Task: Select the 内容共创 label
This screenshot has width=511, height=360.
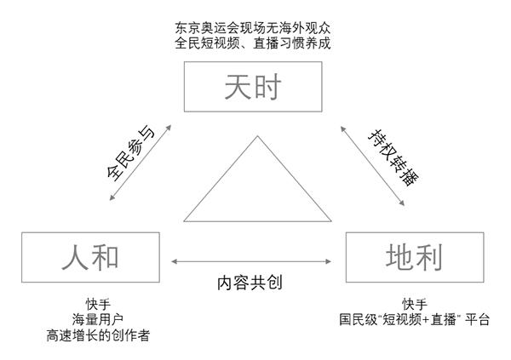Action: click(249, 282)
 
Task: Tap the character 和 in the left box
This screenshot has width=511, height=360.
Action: click(109, 256)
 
